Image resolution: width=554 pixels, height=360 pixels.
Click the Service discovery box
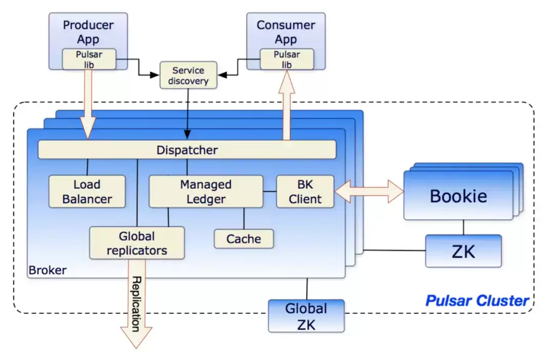[x=188, y=75]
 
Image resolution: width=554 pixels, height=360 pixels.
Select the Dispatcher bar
[x=187, y=149]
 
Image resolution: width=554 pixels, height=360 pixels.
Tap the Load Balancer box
[x=87, y=191]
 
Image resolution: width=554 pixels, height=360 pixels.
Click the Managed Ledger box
[x=206, y=191]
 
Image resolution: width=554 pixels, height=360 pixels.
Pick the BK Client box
[x=305, y=191]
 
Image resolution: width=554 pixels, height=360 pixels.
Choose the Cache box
[x=244, y=239]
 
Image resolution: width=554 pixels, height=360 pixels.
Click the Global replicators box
[x=137, y=243]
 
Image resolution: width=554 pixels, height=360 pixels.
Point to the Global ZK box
[x=306, y=316]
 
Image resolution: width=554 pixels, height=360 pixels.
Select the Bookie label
[x=458, y=196]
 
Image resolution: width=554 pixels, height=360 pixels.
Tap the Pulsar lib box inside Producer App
[x=89, y=59]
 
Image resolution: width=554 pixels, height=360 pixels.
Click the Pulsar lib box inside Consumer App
[x=287, y=59]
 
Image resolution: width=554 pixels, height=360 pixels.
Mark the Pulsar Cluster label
[x=477, y=301]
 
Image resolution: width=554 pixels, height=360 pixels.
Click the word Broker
[x=47, y=270]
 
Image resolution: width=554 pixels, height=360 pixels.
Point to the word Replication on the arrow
[x=136, y=304]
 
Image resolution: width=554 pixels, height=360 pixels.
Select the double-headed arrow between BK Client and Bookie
[x=369, y=191]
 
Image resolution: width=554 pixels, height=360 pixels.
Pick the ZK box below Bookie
[x=463, y=251]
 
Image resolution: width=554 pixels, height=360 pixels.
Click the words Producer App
[x=88, y=32]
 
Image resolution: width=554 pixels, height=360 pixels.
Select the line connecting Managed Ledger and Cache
[x=244, y=218]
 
